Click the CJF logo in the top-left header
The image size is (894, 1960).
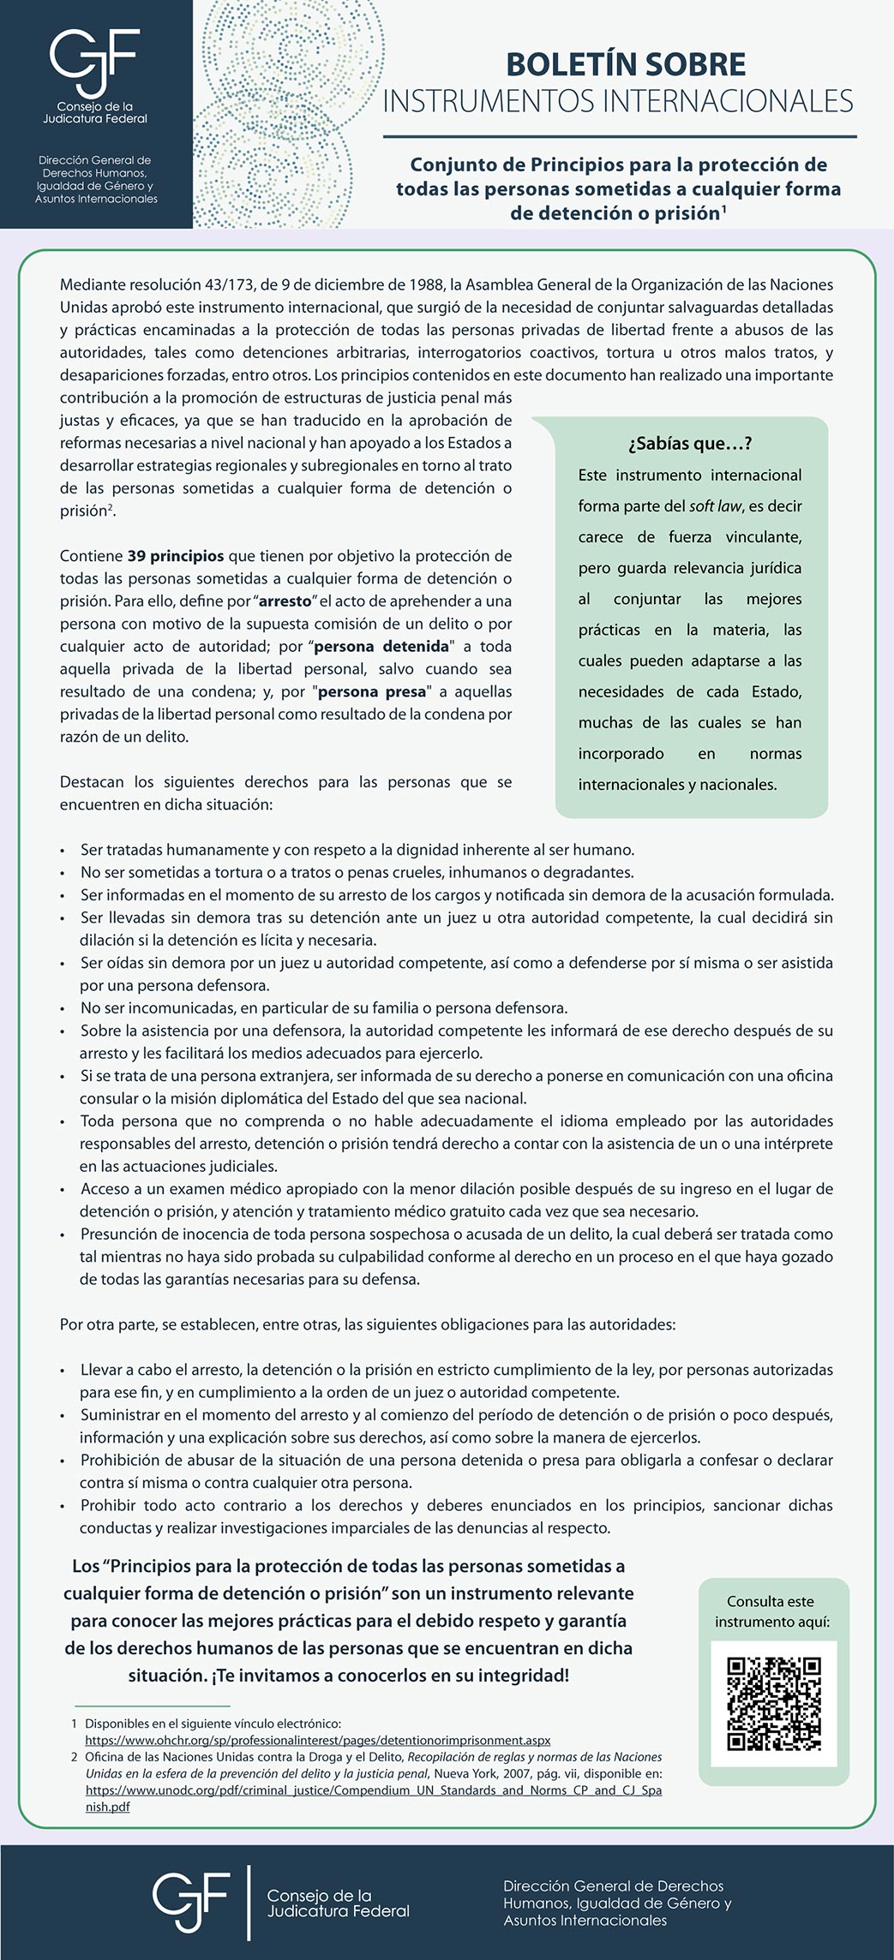coord(94,62)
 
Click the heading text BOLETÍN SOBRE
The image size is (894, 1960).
coord(625,64)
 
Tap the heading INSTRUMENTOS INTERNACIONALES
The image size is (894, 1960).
coord(618,101)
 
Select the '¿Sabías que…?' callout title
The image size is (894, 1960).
coord(690,443)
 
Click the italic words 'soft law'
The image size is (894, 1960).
coord(715,506)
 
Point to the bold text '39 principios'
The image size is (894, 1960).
coord(176,556)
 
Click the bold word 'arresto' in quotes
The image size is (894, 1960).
coord(285,601)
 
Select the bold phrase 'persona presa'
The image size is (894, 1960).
coord(371,691)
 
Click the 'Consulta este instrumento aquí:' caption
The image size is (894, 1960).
coord(772,1611)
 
